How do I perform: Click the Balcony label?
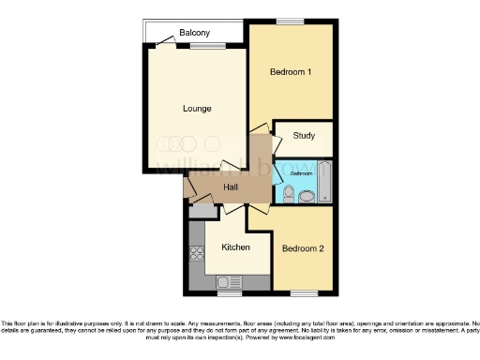pyautogui.click(x=195, y=34)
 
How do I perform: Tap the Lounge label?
pyautogui.click(x=196, y=109)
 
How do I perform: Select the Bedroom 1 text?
pyautogui.click(x=291, y=72)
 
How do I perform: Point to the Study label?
pyautogui.click(x=303, y=136)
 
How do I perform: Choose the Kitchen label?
pyautogui.click(x=235, y=247)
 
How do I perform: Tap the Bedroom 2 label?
pyautogui.click(x=303, y=248)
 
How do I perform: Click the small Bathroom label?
pyautogui.click(x=300, y=174)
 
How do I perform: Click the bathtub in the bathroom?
pyautogui.click(x=323, y=183)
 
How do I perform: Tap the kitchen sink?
pyautogui.click(x=226, y=280)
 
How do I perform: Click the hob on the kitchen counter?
pyautogui.click(x=197, y=251)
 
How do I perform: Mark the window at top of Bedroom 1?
pyautogui.click(x=291, y=22)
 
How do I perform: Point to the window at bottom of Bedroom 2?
pyautogui.click(x=303, y=292)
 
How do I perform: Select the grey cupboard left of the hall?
pyautogui.click(x=195, y=211)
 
